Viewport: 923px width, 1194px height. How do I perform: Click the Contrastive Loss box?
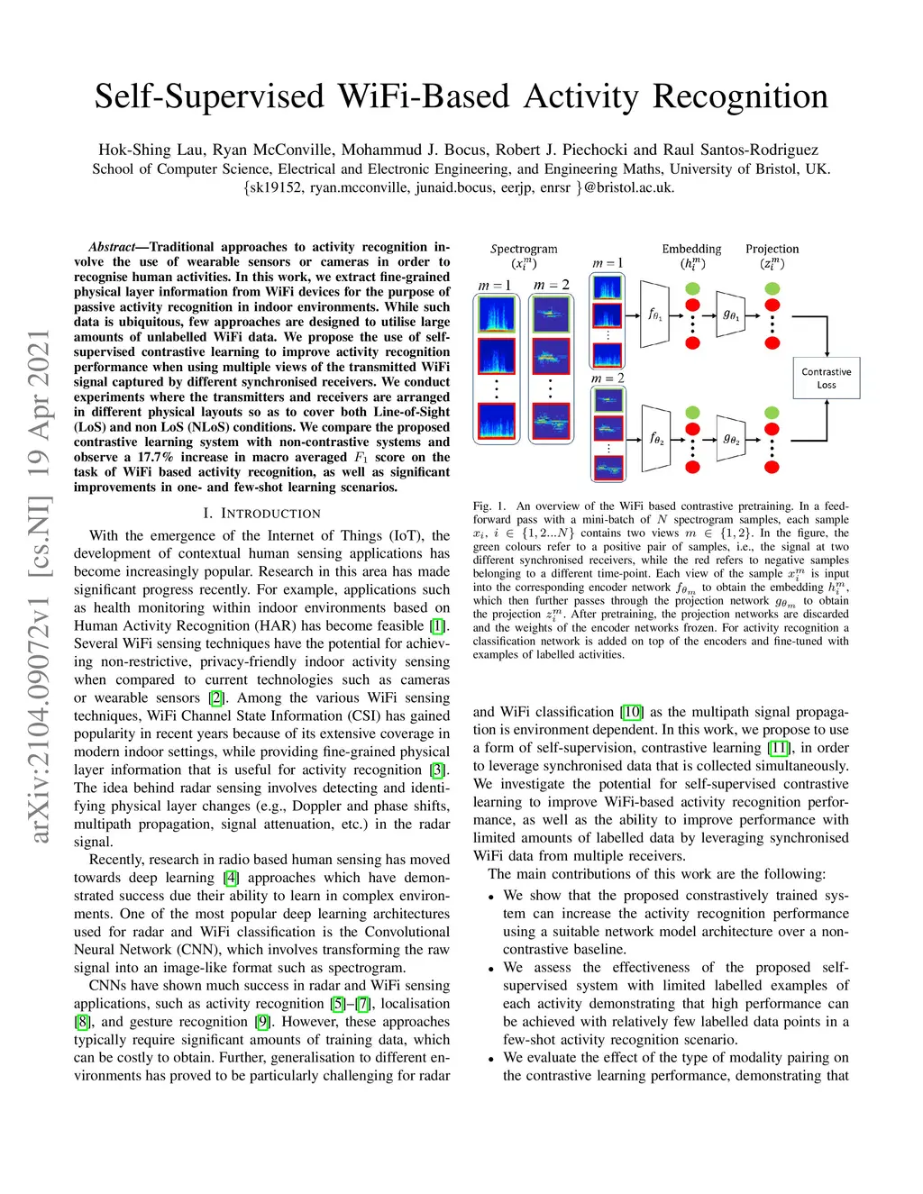[x=827, y=378]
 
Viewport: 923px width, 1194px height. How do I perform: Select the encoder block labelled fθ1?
[x=655, y=314]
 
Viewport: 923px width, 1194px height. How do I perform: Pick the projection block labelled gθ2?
[x=731, y=439]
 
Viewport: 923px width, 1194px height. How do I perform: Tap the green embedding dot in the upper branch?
[x=693, y=288]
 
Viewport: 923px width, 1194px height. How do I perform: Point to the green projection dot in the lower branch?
[x=772, y=413]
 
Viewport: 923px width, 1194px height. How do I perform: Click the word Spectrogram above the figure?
[x=524, y=249]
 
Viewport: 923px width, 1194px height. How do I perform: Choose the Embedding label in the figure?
[x=691, y=249]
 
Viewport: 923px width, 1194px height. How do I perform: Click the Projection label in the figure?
[x=772, y=249]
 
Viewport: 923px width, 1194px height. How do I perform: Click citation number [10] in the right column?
[x=632, y=712]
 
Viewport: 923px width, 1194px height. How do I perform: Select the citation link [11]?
[x=779, y=748]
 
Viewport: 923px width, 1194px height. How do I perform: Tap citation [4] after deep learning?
[x=232, y=878]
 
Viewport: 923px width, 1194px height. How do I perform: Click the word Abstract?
[x=113, y=247]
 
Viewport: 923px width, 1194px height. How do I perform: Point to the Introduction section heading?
[x=261, y=514]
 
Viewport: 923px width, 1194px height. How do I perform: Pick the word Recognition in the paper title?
[x=740, y=97]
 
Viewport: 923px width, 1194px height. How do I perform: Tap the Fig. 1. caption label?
[x=489, y=506]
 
